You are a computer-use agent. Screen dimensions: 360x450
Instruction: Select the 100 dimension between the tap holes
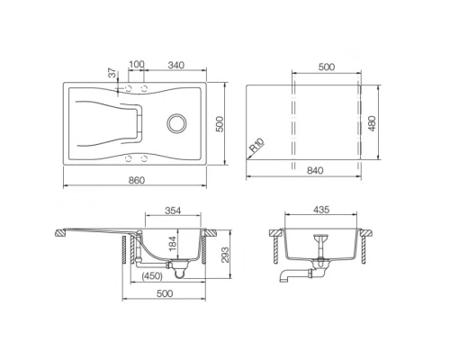pyautogui.click(x=137, y=66)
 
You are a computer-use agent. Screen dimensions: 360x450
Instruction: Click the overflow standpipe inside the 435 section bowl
pyautogui.click(x=319, y=245)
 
